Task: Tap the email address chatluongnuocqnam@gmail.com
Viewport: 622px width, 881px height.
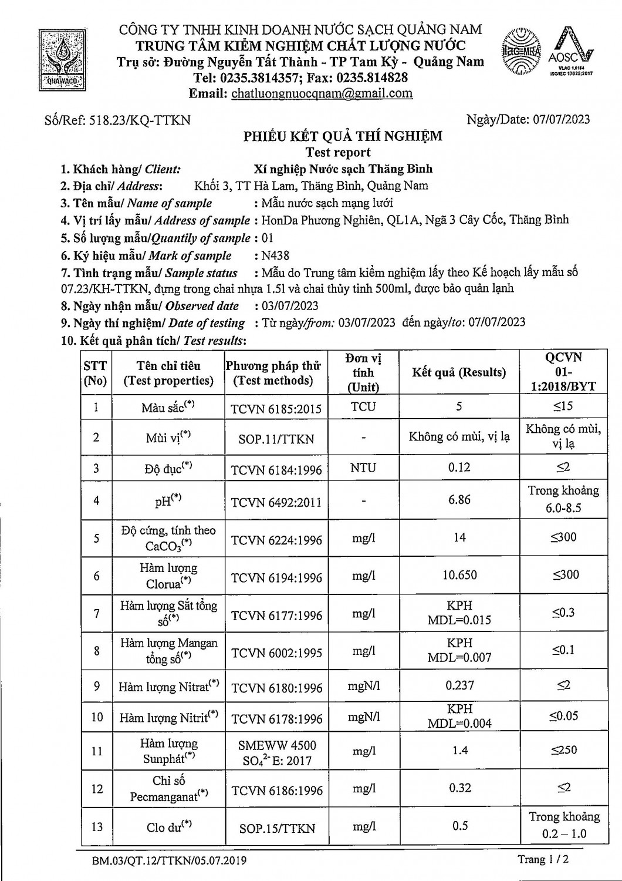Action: pyautogui.click(x=322, y=93)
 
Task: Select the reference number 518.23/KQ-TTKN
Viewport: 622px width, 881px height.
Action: pyautogui.click(x=139, y=120)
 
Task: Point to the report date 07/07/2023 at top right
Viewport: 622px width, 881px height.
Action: pyautogui.click(x=562, y=119)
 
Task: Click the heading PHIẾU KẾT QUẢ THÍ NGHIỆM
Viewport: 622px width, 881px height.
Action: pyautogui.click(x=343, y=136)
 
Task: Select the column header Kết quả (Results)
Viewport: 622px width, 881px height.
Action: pyautogui.click(x=459, y=372)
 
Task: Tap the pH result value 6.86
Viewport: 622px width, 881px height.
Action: pyautogui.click(x=459, y=500)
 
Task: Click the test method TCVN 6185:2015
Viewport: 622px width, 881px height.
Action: pyautogui.click(x=276, y=408)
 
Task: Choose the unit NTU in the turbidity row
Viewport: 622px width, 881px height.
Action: pyautogui.click(x=363, y=468)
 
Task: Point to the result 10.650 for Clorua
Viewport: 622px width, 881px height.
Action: pyautogui.click(x=459, y=575)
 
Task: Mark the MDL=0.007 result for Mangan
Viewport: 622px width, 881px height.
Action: pyautogui.click(x=459, y=657)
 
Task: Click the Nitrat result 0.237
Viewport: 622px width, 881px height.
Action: pyautogui.click(x=459, y=685)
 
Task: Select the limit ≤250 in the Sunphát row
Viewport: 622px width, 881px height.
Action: pyautogui.click(x=563, y=750)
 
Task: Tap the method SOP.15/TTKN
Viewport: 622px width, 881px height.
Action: pyautogui.click(x=276, y=828)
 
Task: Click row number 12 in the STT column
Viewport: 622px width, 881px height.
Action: pyautogui.click(x=97, y=789)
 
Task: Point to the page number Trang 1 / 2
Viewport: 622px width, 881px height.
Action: pyautogui.click(x=543, y=859)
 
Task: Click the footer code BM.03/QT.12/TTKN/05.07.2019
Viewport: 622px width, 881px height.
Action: pyautogui.click(x=169, y=860)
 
